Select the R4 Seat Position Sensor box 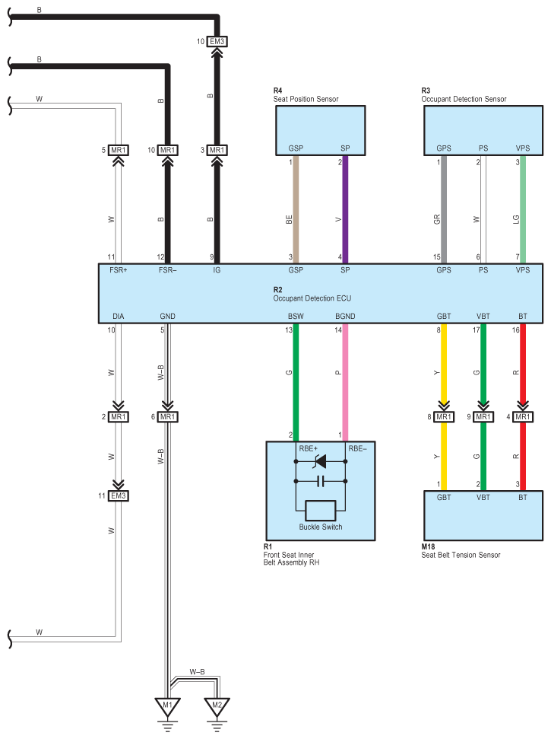[x=319, y=130]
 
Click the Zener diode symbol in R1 [x=320, y=461]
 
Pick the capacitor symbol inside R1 [x=320, y=481]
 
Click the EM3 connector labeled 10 [x=217, y=41]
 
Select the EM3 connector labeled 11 [x=118, y=496]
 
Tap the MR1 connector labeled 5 [x=118, y=150]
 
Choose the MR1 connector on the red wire [x=523, y=417]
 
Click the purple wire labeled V [x=345, y=217]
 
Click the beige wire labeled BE [x=296, y=217]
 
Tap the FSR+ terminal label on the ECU [x=118, y=270]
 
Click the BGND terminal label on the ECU [x=345, y=315]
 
